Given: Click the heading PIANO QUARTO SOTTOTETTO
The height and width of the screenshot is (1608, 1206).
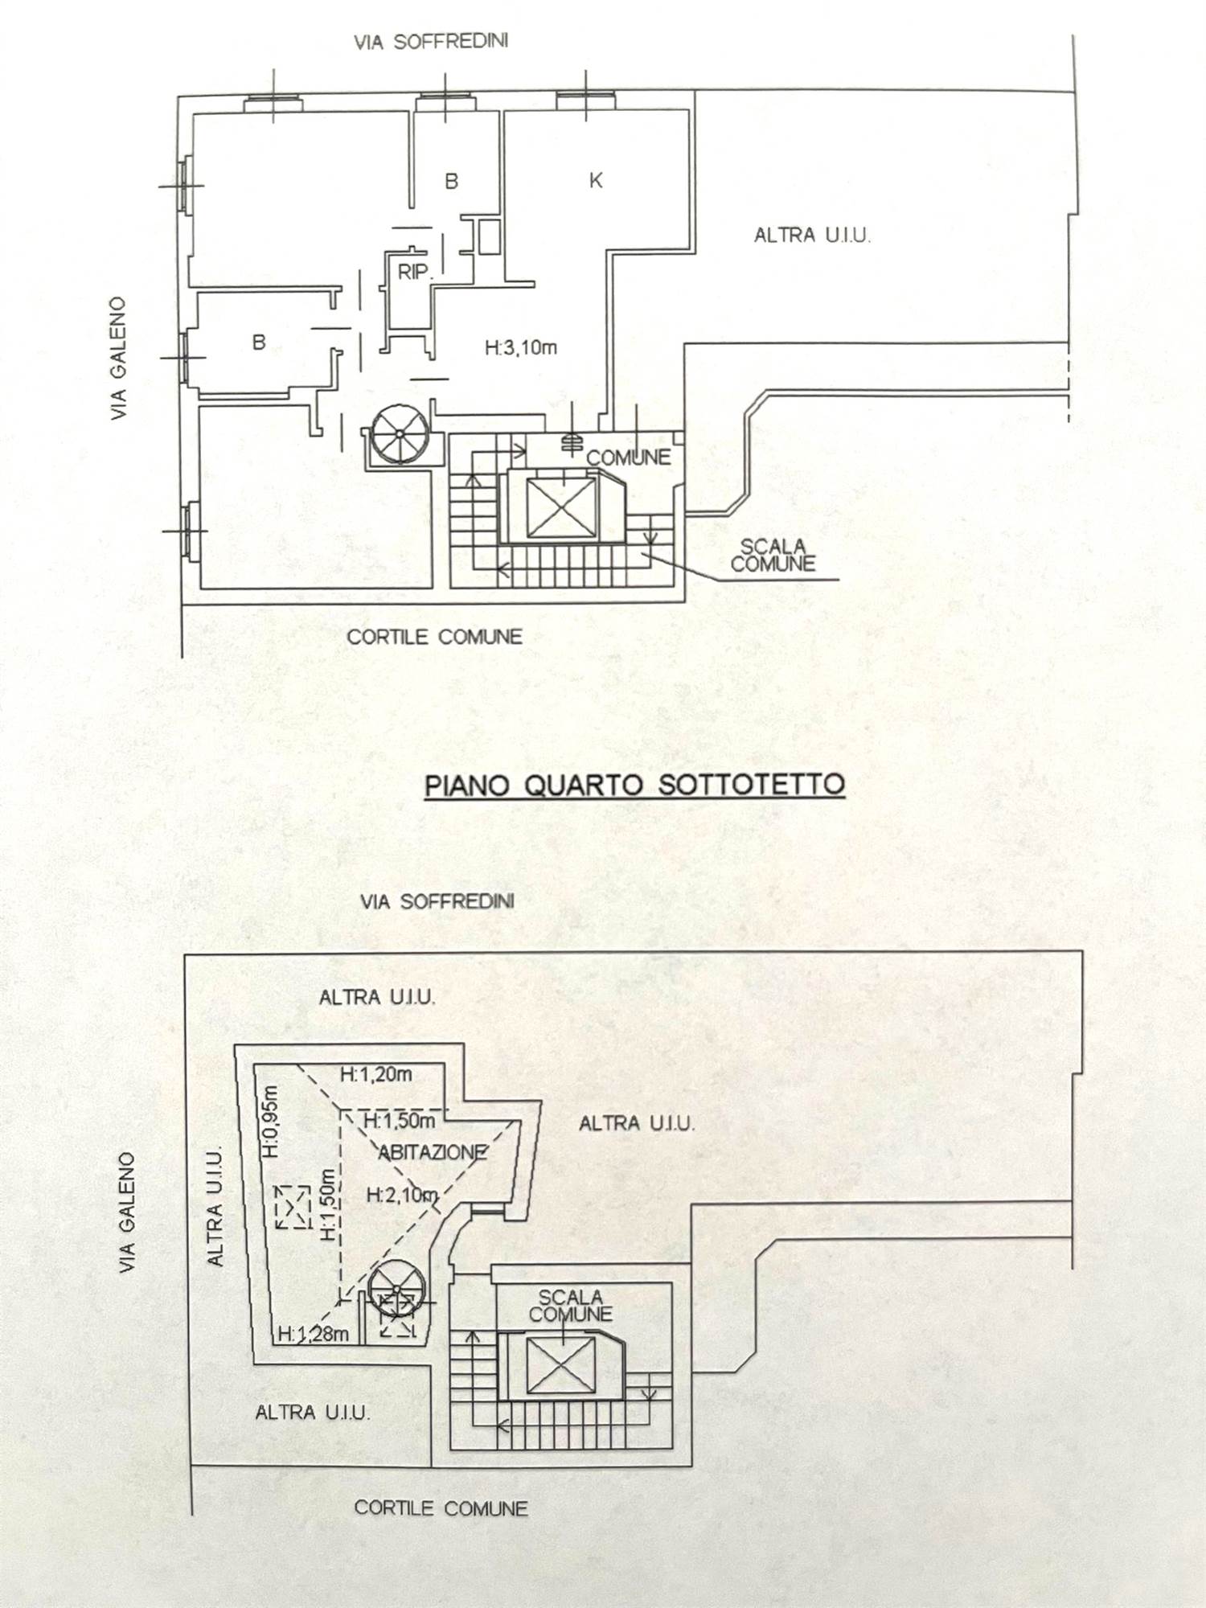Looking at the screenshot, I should [x=634, y=784].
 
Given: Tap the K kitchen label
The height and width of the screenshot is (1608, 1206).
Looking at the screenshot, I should [x=596, y=181].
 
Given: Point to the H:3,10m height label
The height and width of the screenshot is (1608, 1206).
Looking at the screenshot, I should [x=521, y=348].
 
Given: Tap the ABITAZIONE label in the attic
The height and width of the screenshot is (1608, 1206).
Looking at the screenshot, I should [x=433, y=1153].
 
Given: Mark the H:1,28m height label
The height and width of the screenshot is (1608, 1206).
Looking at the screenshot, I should [x=314, y=1335].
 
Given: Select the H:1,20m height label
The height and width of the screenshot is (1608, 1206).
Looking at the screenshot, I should [x=375, y=1074].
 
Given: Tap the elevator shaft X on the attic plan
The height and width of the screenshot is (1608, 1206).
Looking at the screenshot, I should [x=560, y=1368].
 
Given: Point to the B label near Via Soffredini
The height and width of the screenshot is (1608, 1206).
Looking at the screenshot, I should [x=451, y=182].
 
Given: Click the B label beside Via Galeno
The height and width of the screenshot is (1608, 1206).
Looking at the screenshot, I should [x=259, y=343].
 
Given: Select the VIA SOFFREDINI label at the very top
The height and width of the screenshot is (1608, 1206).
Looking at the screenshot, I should [x=431, y=42].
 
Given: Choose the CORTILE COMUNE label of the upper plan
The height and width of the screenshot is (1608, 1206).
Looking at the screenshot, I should [x=434, y=637].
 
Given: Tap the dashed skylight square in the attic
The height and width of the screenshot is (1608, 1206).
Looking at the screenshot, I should [x=292, y=1206].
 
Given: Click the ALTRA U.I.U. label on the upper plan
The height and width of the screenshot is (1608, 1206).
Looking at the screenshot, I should [x=812, y=236].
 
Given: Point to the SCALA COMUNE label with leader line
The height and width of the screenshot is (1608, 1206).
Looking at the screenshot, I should [x=772, y=556].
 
